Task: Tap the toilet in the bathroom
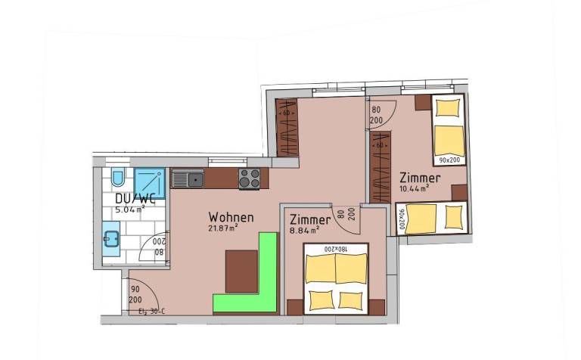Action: tap(117, 178)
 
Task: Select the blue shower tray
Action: tap(151, 184)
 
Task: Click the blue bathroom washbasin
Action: tap(110, 241)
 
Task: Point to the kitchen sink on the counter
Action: tap(188, 179)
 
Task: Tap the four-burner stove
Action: tap(250, 178)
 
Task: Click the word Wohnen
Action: tap(231, 217)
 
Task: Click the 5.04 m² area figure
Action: tap(129, 209)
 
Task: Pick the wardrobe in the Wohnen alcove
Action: tap(285, 128)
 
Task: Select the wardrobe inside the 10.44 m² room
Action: tap(379, 166)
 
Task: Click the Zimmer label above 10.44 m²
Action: tap(421, 177)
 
